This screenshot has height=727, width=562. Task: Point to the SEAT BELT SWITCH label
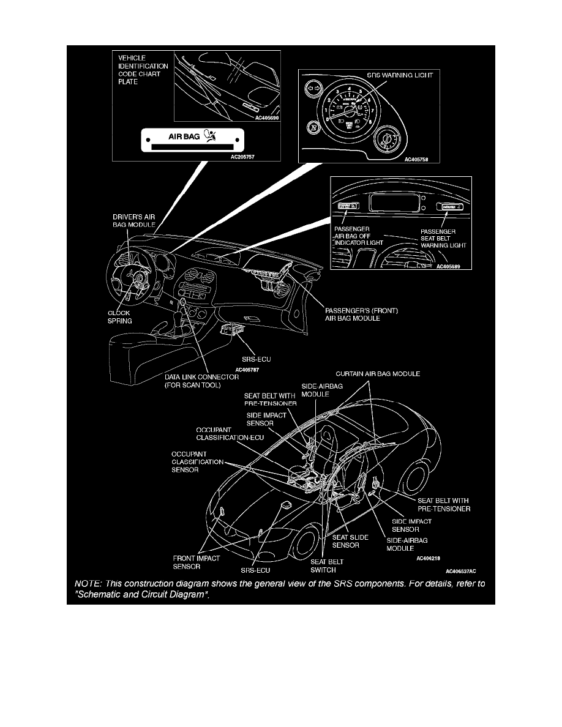pyautogui.click(x=327, y=565)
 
